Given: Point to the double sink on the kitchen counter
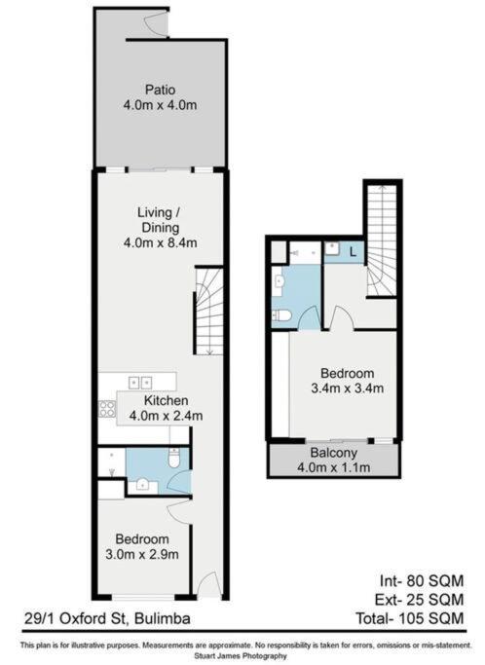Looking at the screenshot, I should pyautogui.click(x=140, y=382).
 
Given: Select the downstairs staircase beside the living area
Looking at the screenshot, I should pyautogui.click(x=209, y=311).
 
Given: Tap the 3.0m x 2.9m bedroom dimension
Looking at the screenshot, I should pyautogui.click(x=143, y=555).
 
